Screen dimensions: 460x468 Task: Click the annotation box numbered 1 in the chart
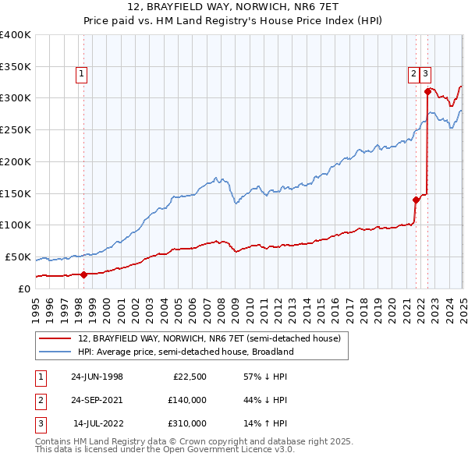[81, 74]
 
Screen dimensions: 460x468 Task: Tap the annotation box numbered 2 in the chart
[413, 74]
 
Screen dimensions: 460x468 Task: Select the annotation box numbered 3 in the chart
[425, 74]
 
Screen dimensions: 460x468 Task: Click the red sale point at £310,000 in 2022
[427, 91]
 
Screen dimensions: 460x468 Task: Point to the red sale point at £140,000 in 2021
[416, 200]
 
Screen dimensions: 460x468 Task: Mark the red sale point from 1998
[84, 274]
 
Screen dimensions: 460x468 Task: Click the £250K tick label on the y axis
[16, 129]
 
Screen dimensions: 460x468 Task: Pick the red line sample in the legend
[55, 339]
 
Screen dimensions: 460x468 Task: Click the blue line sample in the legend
[55, 352]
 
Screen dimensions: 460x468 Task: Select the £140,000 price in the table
[187, 400]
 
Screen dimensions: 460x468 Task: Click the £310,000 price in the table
[187, 423]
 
